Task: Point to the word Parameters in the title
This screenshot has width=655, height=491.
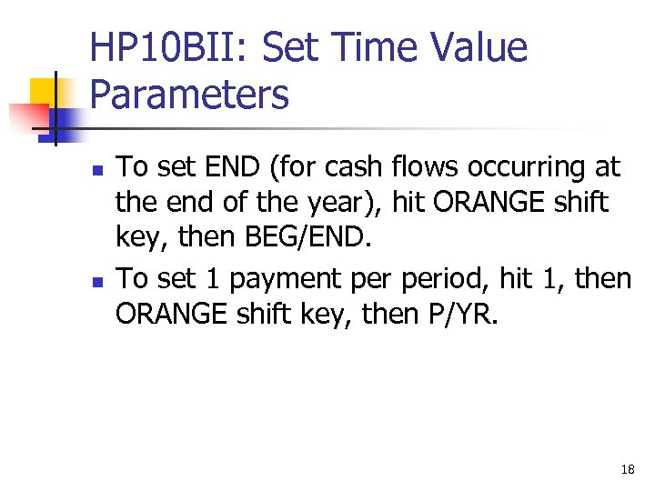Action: click(189, 94)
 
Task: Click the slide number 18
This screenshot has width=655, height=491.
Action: click(627, 469)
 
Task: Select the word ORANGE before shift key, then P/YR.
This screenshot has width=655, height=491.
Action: click(168, 316)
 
